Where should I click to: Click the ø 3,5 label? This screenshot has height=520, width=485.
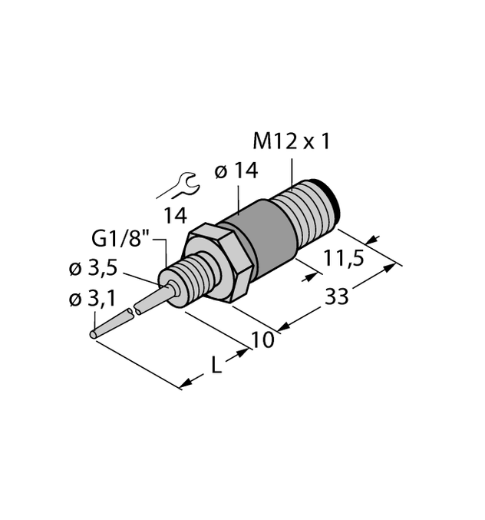(94, 269)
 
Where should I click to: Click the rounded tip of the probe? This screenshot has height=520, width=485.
(94, 335)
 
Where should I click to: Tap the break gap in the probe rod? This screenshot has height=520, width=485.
(132, 311)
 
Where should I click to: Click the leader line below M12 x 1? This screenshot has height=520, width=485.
(292, 173)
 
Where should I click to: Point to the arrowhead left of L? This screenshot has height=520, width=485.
(186, 383)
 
